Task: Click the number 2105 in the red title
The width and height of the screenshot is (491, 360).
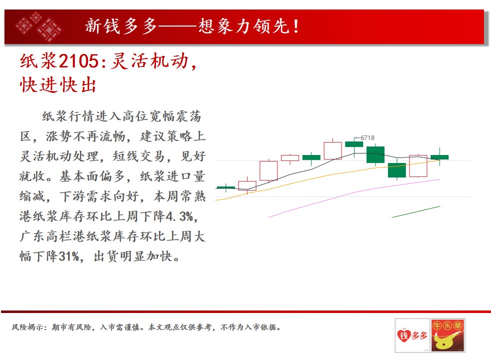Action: tap(79, 60)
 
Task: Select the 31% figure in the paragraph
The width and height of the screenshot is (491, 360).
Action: tap(69, 256)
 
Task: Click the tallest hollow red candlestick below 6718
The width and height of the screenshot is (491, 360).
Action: tap(332, 151)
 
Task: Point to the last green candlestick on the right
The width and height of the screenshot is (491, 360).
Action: tap(439, 157)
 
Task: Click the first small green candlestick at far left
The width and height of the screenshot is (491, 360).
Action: tap(226, 187)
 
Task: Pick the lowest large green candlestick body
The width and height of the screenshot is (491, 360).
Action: tap(396, 170)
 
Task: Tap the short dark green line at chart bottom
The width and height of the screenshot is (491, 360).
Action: tap(416, 211)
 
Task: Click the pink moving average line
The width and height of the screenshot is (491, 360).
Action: tap(354, 192)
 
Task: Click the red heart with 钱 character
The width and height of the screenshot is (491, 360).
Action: tap(404, 335)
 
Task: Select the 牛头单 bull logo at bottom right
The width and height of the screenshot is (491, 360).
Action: tap(447, 335)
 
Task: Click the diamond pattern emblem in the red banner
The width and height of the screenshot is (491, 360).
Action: tap(39, 26)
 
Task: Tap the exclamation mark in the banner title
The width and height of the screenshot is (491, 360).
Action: tap(296, 26)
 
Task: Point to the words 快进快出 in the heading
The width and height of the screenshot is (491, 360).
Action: tap(58, 85)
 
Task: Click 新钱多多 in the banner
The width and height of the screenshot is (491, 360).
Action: tap(121, 26)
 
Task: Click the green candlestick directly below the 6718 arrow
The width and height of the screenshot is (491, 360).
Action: tap(354, 144)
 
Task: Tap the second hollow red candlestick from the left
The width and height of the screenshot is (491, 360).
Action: tap(268, 170)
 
